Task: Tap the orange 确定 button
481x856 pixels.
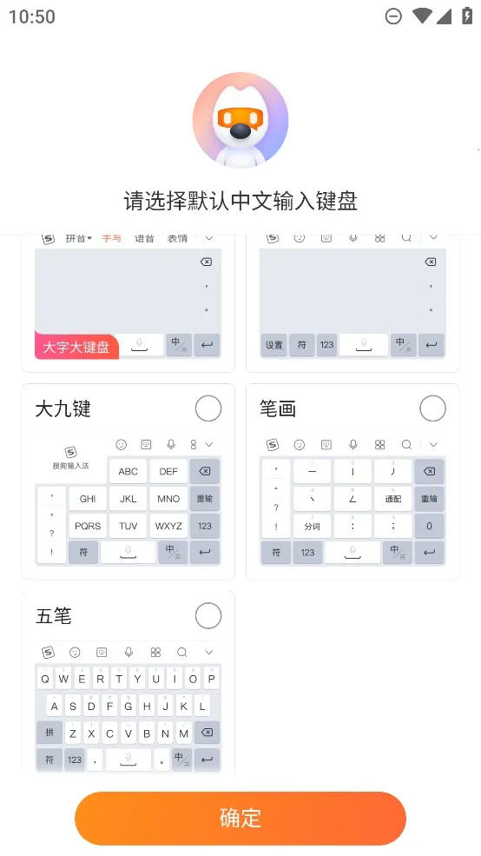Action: (x=240, y=818)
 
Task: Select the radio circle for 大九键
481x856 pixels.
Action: (x=208, y=408)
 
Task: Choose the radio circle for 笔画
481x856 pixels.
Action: (x=432, y=408)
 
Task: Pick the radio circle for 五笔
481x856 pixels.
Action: (x=208, y=616)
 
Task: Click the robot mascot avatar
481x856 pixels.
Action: (x=240, y=121)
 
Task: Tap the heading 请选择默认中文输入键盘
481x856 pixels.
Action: (x=240, y=202)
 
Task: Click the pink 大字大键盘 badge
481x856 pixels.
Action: (x=76, y=347)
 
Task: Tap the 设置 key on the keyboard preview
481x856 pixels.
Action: (x=274, y=345)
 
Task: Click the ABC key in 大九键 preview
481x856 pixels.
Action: (x=128, y=471)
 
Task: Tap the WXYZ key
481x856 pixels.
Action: (x=168, y=526)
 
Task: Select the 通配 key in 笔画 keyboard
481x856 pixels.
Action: (x=392, y=499)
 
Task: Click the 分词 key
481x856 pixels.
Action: (x=312, y=526)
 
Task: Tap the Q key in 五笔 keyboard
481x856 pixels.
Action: (x=45, y=679)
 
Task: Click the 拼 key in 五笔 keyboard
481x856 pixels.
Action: (x=49, y=733)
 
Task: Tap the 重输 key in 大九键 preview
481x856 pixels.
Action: (x=205, y=499)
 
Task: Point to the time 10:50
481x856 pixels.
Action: (x=32, y=17)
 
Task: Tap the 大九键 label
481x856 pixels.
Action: (x=63, y=408)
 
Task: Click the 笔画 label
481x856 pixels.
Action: (x=278, y=408)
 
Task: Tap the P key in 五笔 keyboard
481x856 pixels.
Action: (x=211, y=679)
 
